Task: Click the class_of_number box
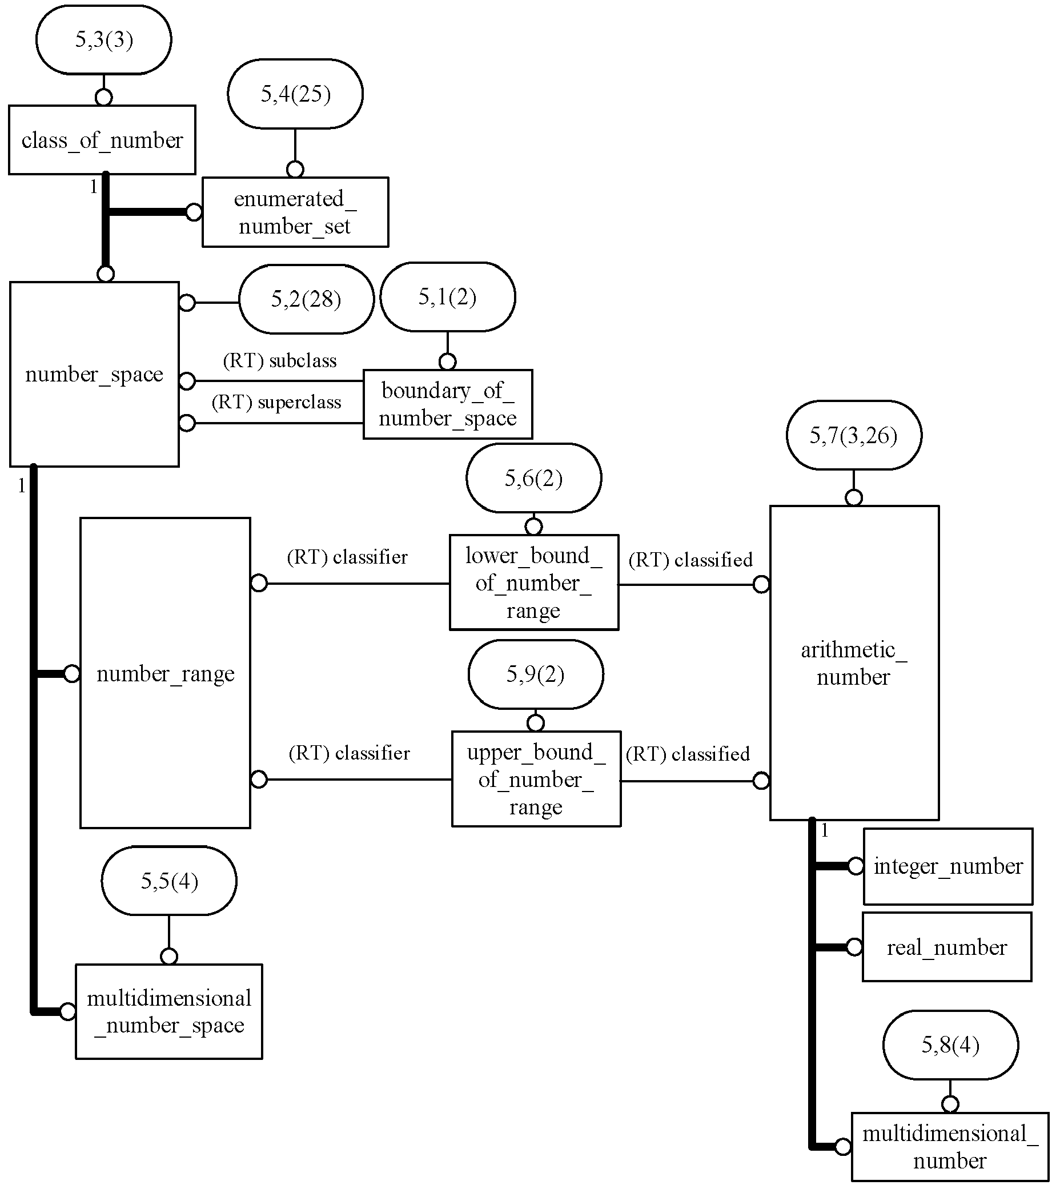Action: point(102,139)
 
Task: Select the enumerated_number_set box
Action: point(295,212)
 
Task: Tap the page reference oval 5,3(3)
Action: point(103,39)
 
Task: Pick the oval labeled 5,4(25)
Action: point(295,94)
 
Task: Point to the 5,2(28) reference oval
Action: point(306,299)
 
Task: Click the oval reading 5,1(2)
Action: point(447,296)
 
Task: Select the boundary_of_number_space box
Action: point(447,404)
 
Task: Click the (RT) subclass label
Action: point(280,361)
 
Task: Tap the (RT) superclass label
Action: point(276,402)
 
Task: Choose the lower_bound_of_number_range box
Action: point(533,583)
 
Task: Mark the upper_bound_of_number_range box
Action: point(536,779)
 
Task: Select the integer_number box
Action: point(948,866)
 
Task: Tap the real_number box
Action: point(946,947)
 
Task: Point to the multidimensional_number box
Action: point(950,1147)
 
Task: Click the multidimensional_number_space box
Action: point(168,1011)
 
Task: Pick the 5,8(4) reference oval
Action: point(950,1045)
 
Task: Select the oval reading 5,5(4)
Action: point(168,881)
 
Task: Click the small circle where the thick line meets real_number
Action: point(854,947)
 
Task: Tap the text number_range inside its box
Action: point(165,674)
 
